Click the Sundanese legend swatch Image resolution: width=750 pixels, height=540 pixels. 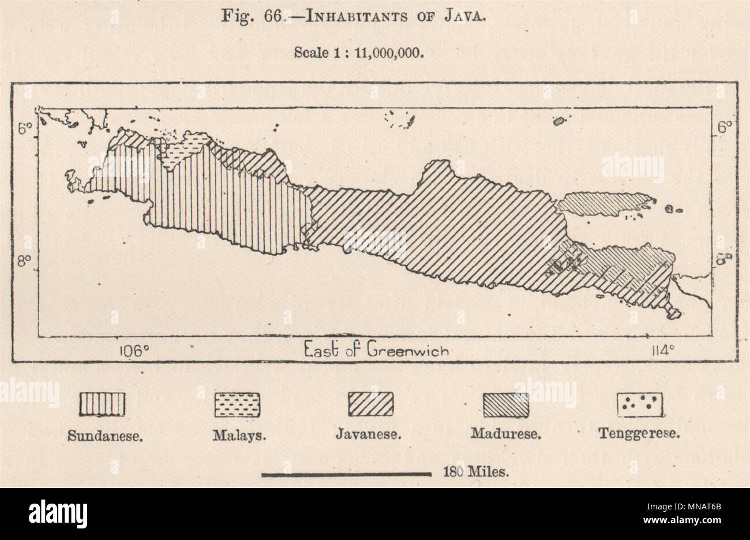(x=102, y=404)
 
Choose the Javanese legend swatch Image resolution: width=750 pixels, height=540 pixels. (x=371, y=404)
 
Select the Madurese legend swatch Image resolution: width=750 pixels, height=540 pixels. (x=506, y=404)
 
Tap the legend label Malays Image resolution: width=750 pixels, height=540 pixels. (x=239, y=435)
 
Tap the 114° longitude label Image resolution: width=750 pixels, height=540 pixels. (x=661, y=351)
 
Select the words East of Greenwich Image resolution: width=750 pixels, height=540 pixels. (x=374, y=350)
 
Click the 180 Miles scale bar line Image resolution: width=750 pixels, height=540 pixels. (x=347, y=474)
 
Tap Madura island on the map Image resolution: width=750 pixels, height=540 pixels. (x=603, y=203)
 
